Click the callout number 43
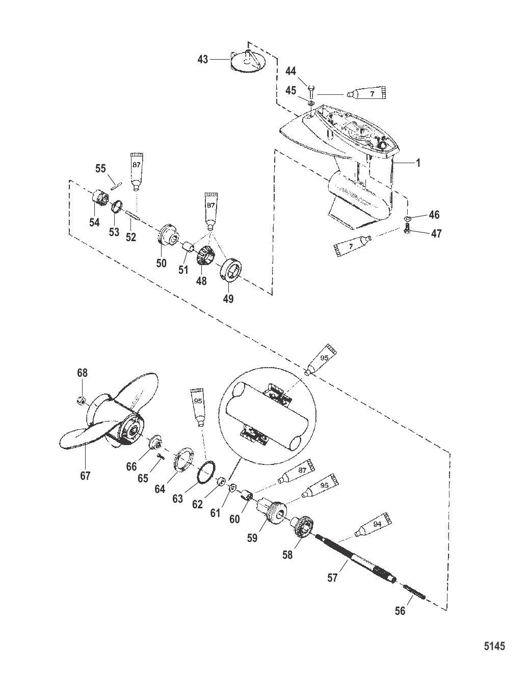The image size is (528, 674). [203, 60]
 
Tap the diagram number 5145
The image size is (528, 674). [494, 646]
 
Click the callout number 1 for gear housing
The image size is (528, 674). [418, 164]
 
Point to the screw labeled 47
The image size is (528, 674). [407, 232]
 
